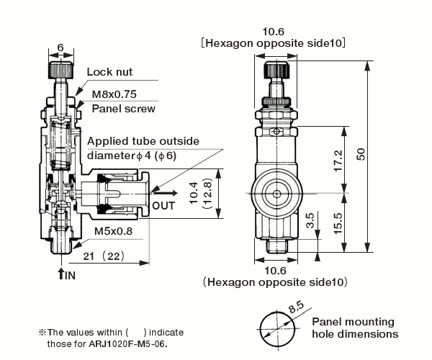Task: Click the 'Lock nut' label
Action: click(109, 72)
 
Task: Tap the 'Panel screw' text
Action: click(124, 109)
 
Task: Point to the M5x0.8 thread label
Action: click(113, 233)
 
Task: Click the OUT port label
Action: click(164, 205)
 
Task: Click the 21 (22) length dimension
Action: click(105, 256)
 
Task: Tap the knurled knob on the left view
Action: click(60, 71)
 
